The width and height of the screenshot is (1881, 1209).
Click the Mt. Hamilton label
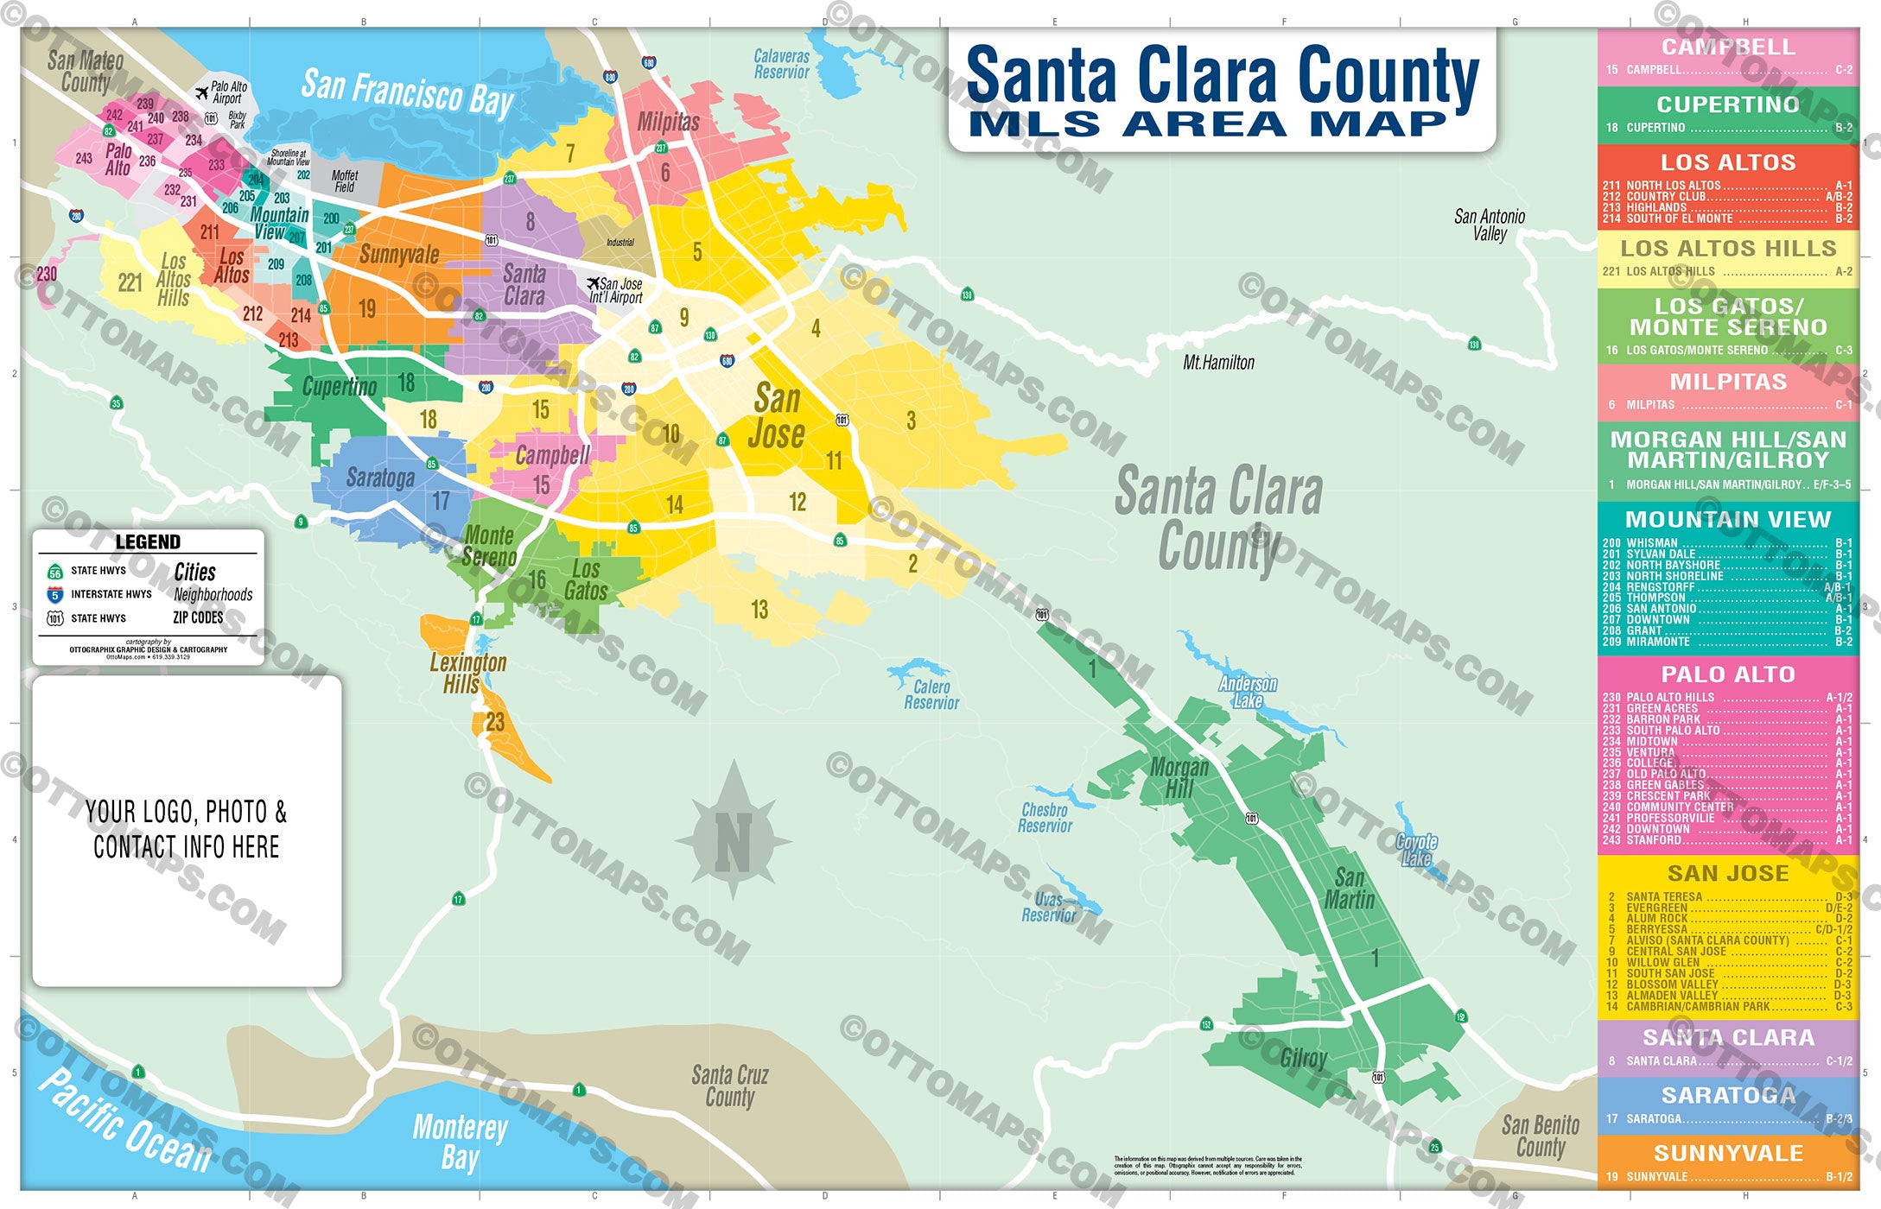coord(1218,363)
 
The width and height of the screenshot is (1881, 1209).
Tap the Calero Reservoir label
coord(931,695)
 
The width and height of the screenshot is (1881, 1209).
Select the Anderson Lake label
coord(1248,692)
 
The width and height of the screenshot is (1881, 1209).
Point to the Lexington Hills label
coord(467,674)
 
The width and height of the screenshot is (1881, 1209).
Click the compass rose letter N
coord(733,842)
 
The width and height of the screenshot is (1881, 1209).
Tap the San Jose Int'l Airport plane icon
coord(593,283)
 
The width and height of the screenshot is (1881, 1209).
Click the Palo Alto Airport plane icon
coord(202,92)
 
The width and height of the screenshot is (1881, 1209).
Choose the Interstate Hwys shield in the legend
coord(55,595)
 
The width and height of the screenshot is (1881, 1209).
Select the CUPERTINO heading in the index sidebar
coord(1727,104)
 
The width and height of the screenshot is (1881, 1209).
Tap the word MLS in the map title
coord(1034,124)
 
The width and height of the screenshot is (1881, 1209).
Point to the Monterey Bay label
coord(460,1142)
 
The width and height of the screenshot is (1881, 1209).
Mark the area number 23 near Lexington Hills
coord(495,722)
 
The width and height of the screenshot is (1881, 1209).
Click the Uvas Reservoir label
coord(1049,907)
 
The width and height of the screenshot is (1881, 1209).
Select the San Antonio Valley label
coord(1490,225)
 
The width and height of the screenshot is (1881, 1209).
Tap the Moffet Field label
coord(345,181)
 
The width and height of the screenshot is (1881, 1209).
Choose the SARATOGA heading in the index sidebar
coord(1727,1095)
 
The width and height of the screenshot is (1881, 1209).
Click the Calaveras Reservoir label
coord(781,64)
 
